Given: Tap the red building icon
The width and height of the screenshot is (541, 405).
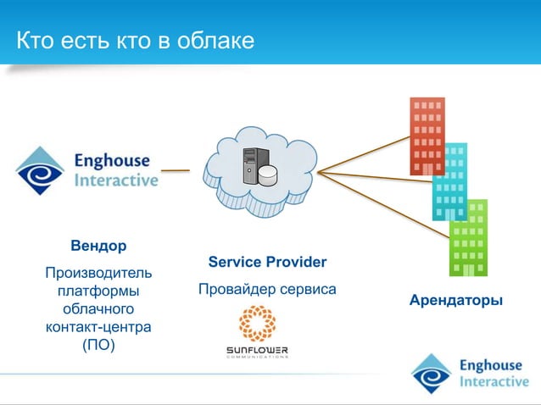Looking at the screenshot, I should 427,136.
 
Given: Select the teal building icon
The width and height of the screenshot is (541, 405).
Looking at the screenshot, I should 450,181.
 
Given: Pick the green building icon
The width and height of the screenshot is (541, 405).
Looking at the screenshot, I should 468,237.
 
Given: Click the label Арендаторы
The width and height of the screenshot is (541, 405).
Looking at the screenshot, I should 455,301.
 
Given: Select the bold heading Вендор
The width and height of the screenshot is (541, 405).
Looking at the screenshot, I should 98,246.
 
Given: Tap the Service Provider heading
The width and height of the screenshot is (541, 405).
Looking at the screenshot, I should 267,262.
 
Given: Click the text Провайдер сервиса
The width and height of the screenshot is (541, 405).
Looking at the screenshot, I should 267,290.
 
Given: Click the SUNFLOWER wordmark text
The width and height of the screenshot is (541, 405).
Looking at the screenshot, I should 257,349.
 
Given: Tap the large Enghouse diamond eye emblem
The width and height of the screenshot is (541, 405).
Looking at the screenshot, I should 40,170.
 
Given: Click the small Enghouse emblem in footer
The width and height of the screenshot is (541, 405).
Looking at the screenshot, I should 432,374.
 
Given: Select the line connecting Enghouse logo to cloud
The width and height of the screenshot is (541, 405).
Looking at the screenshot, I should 176,170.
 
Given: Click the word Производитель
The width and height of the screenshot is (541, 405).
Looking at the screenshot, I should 98,273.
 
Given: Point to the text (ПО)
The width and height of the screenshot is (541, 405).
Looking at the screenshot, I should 98,344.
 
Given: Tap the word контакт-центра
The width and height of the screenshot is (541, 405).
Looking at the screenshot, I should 98,326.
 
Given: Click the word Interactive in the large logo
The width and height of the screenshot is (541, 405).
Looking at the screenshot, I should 116,180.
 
